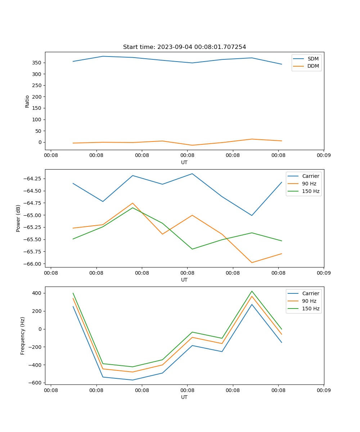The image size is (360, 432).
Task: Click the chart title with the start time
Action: click(184, 47)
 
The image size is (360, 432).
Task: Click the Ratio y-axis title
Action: click(27, 101)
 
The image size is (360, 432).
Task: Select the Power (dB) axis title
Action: click(18, 218)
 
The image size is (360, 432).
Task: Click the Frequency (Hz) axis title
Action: click(23, 336)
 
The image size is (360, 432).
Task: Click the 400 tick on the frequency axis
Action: click(37, 293)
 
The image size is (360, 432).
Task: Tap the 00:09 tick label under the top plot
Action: click(324, 156)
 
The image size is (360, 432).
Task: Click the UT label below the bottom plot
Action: click(184, 397)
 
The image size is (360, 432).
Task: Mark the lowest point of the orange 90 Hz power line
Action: click(252, 262)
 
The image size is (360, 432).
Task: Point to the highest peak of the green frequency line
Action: click(252, 291)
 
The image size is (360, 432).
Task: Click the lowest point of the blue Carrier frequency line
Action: click(132, 380)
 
